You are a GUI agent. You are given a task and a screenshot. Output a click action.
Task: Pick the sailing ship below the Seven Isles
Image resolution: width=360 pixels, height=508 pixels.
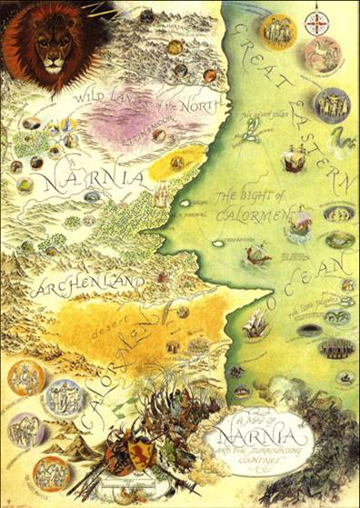(x=292, y=161)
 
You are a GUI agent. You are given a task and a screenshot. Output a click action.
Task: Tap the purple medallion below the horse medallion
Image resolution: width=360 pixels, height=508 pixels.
(x=332, y=105)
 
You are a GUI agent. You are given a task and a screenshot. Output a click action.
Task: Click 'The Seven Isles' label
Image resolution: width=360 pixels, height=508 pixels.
(x=261, y=116)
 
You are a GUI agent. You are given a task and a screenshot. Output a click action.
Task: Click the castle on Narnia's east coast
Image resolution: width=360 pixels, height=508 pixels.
(x=162, y=193)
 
